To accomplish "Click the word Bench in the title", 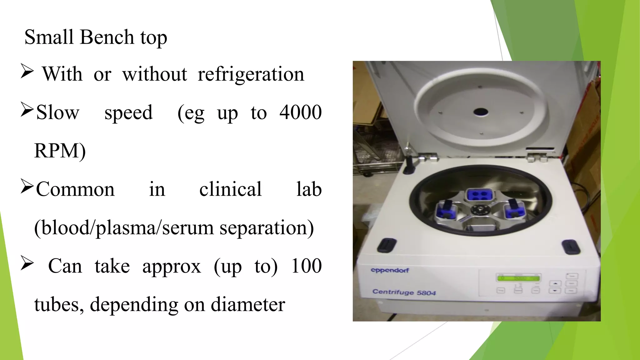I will pos(107,37).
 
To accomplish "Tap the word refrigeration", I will pos(251,75).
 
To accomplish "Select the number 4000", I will pos(300,112).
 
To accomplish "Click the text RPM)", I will pos(60,151).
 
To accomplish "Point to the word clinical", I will pos(230,189).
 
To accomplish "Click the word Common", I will pos(75,189).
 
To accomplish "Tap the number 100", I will pos(306,266).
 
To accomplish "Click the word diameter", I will pos(248,305).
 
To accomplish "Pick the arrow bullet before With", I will pos(27,71).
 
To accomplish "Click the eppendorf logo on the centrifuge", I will pos(390,270).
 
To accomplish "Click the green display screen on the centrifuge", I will pos(518,278).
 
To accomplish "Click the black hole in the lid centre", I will pos(481,112).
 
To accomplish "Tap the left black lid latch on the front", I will pos(387,245).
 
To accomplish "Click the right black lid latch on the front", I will pos(571,247).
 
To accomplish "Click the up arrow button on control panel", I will pos(555,283).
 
